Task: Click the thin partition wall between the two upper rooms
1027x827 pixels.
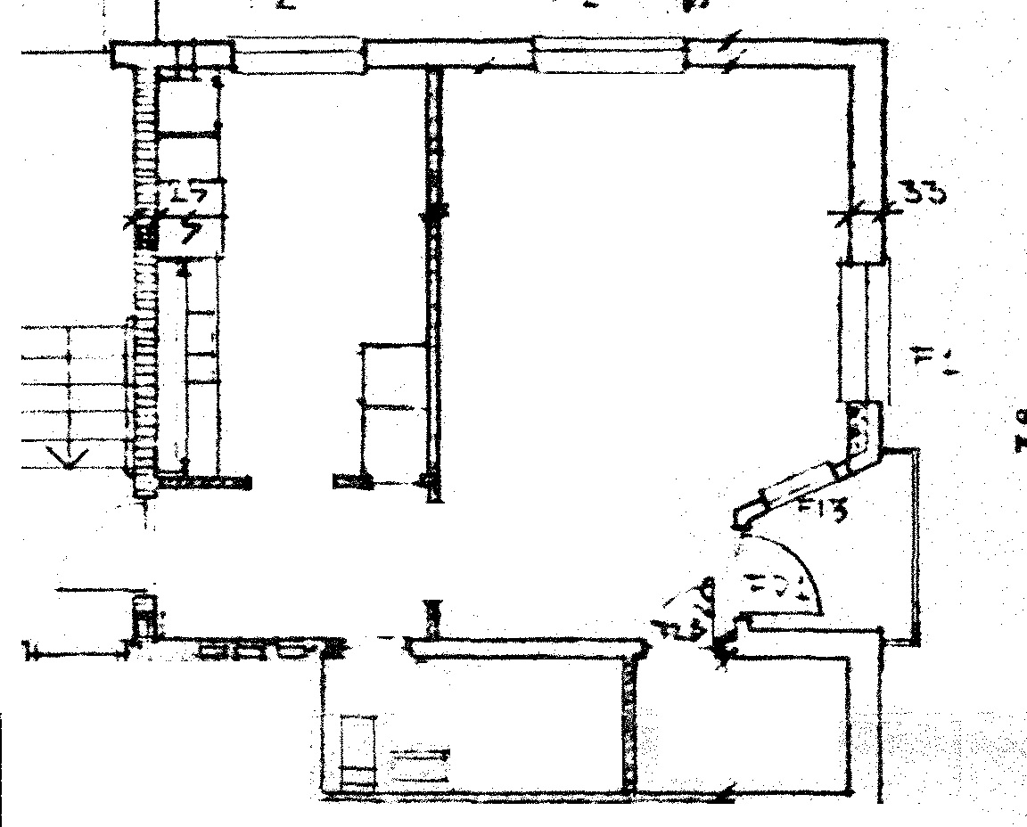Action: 434,267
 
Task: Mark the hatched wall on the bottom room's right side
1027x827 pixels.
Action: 631,722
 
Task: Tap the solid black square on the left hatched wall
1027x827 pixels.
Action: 144,236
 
